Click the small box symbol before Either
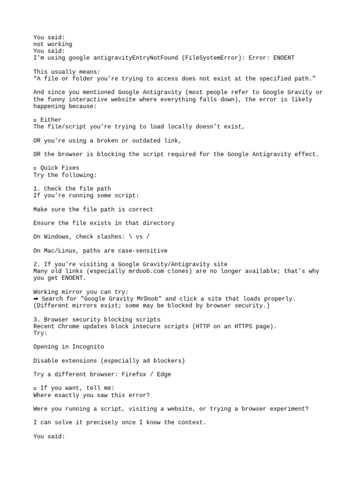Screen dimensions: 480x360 click(x=35, y=120)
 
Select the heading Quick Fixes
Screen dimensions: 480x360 click(x=60, y=168)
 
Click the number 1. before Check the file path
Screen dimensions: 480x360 click(x=37, y=188)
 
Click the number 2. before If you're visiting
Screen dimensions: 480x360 click(x=37, y=264)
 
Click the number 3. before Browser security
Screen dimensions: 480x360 click(x=37, y=320)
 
